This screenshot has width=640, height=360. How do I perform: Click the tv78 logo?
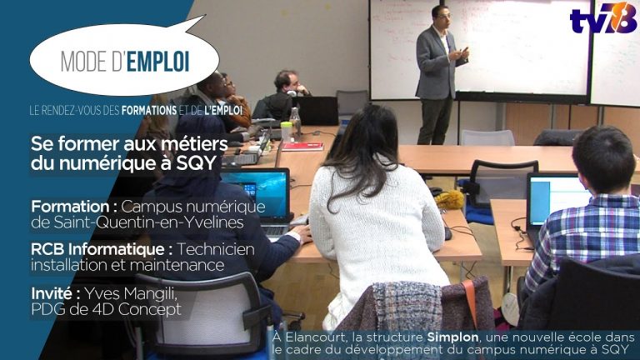point(603,17)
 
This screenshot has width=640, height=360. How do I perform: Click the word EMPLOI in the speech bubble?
point(158,60)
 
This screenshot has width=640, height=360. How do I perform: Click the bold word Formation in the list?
point(72,206)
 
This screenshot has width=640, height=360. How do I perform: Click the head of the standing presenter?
point(440,16)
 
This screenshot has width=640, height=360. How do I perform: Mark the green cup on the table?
point(287,130)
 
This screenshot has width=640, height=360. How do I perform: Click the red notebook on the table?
point(302,146)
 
